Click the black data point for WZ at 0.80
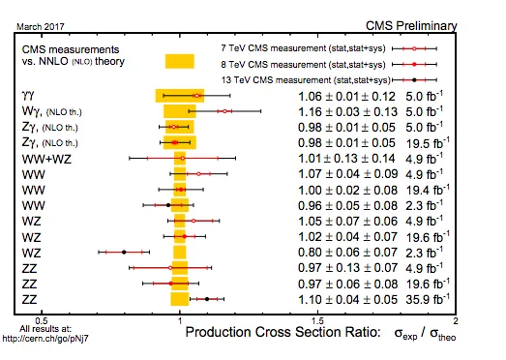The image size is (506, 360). click(x=124, y=252)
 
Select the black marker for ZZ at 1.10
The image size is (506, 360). click(x=207, y=299)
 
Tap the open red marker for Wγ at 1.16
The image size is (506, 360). click(x=224, y=111)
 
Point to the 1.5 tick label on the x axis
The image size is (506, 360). click(x=318, y=321)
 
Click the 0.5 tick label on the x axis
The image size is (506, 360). click(x=42, y=321)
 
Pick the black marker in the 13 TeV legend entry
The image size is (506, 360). click(x=415, y=79)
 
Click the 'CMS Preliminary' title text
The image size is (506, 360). click(x=411, y=26)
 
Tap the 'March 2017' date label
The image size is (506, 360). click(x=41, y=26)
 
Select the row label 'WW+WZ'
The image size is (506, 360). click(x=46, y=159)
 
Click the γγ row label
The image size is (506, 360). click(x=28, y=96)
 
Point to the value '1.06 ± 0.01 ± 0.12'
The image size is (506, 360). click(x=346, y=96)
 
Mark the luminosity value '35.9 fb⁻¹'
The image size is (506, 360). click(x=428, y=299)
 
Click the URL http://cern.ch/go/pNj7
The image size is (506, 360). click(x=45, y=339)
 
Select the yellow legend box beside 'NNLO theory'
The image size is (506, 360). click(x=180, y=61)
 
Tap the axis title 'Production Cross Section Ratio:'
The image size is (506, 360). click(x=283, y=332)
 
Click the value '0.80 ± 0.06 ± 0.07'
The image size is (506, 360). click(x=347, y=253)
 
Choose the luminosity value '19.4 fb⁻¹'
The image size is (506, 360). click(x=428, y=190)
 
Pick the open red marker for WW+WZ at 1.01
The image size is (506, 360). click(x=182, y=158)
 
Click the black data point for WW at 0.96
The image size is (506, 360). click(x=168, y=205)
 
